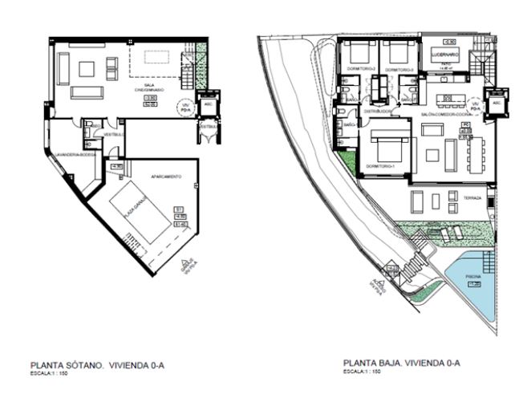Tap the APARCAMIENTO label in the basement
165,176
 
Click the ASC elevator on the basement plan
209,104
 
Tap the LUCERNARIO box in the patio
443,54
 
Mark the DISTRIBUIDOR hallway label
377,112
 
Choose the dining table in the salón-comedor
471,153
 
